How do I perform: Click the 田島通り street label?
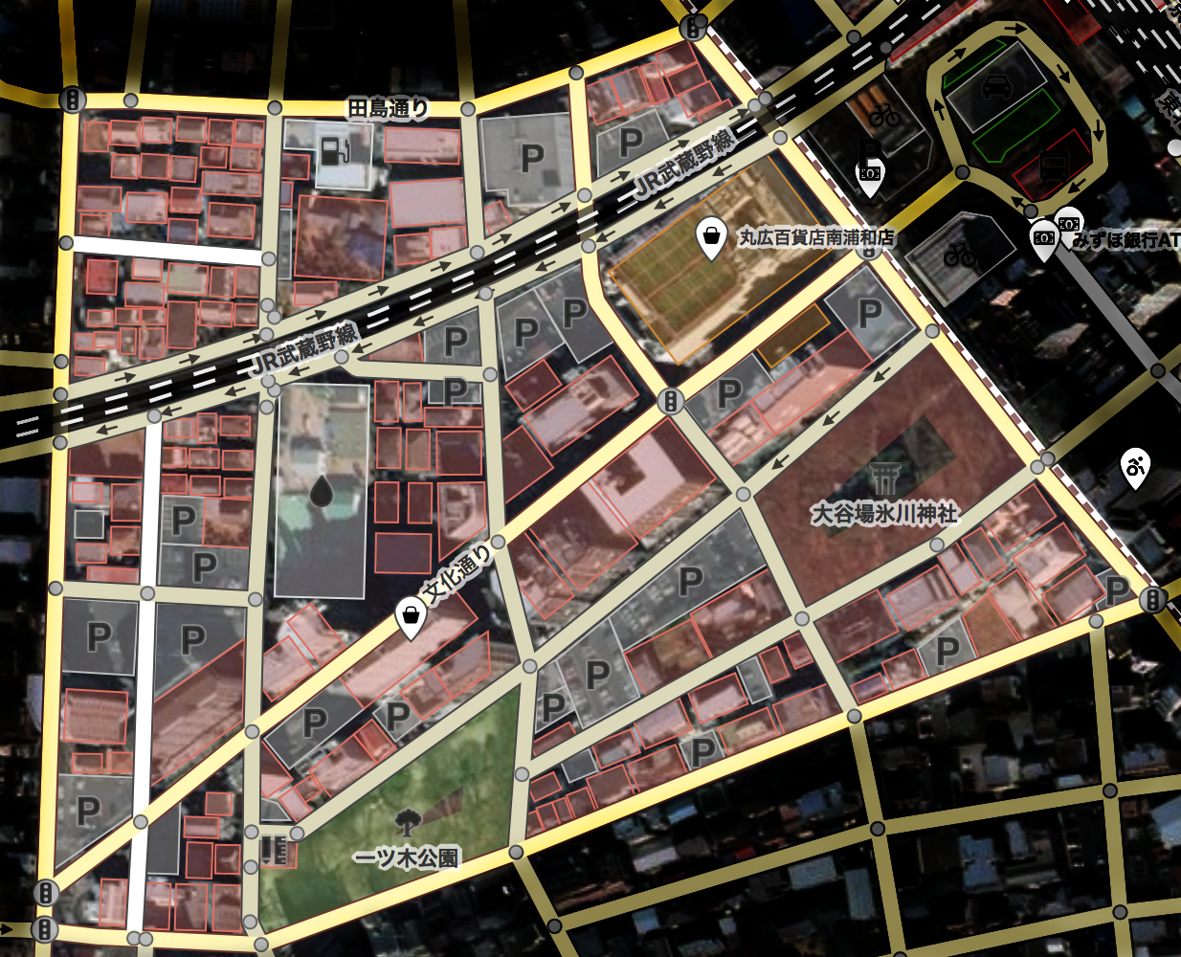(x=387, y=109)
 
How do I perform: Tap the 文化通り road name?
(x=458, y=575)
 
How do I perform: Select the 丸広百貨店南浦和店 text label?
(x=815, y=237)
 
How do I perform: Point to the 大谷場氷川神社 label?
(x=884, y=514)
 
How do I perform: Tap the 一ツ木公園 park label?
(x=407, y=857)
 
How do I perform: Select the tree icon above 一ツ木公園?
(x=407, y=820)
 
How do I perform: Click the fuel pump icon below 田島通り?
(x=333, y=150)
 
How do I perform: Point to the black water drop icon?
(x=321, y=493)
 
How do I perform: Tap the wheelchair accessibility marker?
(x=1135, y=467)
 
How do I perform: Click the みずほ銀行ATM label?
(x=1125, y=240)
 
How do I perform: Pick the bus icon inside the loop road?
(x=1052, y=169)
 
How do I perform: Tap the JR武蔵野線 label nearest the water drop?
(x=303, y=351)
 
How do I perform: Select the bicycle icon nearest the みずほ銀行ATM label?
(x=959, y=254)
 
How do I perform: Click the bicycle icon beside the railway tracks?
(x=884, y=116)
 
